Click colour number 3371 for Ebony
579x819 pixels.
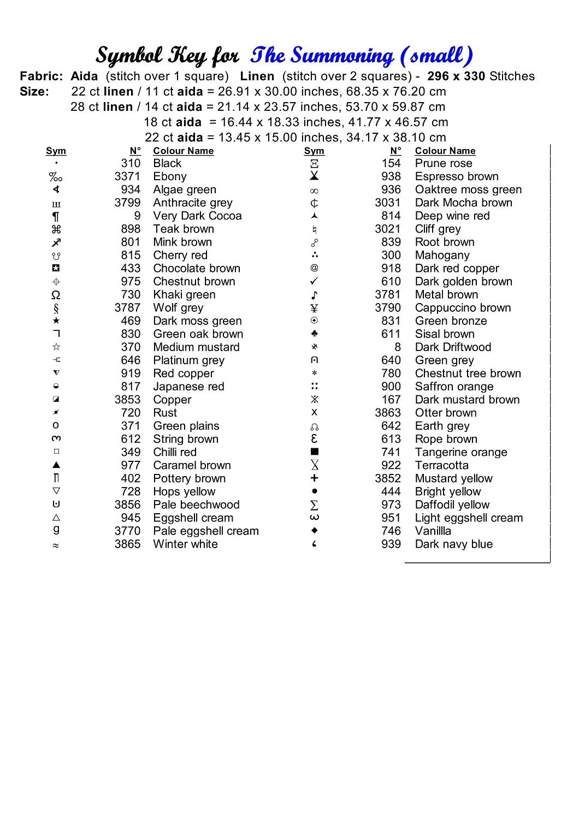[127, 176]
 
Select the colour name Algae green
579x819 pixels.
[185, 189]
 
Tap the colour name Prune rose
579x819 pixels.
[444, 163]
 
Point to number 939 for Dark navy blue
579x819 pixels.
[391, 544]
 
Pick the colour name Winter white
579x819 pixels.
[185, 544]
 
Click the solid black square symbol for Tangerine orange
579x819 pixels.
[315, 452]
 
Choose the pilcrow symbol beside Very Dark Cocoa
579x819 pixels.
[56, 216]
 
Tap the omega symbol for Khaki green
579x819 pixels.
[56, 295]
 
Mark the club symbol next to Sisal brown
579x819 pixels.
[315, 334]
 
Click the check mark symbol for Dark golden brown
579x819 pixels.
[314, 281]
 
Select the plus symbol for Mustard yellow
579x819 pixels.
[314, 478]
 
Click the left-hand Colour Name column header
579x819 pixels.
[183, 151]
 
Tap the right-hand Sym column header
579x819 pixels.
[314, 151]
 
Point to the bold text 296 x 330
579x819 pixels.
[456, 76]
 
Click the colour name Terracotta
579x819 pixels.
[441, 465]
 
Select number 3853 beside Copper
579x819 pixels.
[127, 400]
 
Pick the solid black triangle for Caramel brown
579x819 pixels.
[56, 465]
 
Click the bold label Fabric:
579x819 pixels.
[42, 76]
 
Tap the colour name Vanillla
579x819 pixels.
[433, 531]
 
